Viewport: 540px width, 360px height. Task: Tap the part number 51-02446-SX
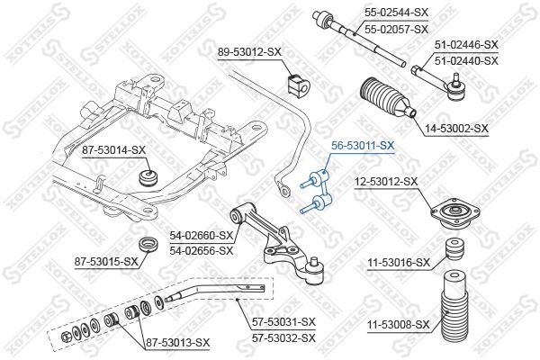click(x=466, y=44)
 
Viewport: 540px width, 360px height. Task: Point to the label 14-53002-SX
click(x=456, y=130)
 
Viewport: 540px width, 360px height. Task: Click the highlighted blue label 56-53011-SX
click(x=363, y=144)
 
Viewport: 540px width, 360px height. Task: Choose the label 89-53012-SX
click(x=250, y=53)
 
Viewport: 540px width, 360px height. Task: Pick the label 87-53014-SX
click(x=113, y=149)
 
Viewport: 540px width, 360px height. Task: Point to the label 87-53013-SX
click(x=178, y=343)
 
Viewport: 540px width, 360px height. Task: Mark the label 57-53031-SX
click(x=283, y=321)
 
